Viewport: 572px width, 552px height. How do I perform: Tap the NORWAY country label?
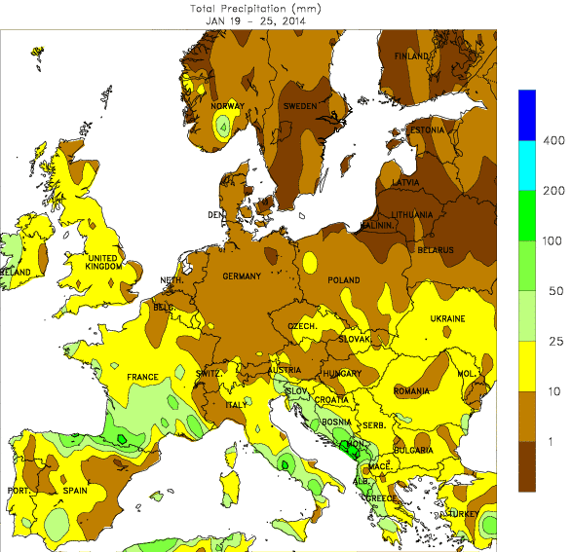point(227,106)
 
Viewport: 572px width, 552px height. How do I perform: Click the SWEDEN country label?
point(299,106)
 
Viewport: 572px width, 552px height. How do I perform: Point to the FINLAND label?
point(411,56)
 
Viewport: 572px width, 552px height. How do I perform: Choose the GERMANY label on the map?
point(242,276)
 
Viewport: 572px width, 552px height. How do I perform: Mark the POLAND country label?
point(343,280)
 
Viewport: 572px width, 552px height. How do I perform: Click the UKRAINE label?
point(447,319)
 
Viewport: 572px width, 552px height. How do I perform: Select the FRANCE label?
point(143,377)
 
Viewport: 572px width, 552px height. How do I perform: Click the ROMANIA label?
point(411,390)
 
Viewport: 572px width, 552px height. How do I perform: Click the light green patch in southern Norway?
point(224,125)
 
